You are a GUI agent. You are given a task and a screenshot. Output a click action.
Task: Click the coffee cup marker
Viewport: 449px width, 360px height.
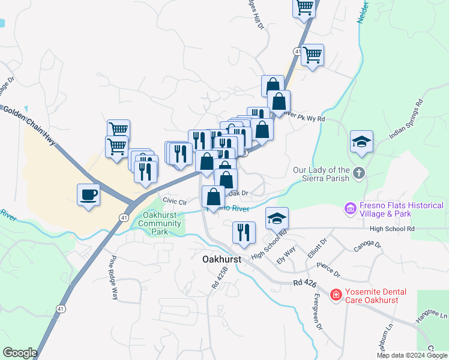pyautogui.click(x=89, y=194)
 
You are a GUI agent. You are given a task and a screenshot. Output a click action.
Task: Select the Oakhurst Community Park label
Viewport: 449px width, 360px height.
pyautogui.click(x=159, y=224)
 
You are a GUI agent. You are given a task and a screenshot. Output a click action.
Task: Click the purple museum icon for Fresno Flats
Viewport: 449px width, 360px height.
pyautogui.click(x=350, y=208)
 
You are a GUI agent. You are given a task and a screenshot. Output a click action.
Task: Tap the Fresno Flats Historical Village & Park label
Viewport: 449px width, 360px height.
pyautogui.click(x=402, y=209)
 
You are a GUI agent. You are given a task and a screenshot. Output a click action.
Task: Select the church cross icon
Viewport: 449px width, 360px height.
pyautogui.click(x=358, y=173)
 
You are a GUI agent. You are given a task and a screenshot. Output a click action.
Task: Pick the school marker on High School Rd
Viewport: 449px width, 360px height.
pyautogui.click(x=277, y=219)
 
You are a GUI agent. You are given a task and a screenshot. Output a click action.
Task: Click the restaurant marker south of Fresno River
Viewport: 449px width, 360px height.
pyautogui.click(x=244, y=233)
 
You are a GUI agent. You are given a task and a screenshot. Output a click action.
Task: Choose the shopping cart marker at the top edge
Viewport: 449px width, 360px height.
pyautogui.click(x=304, y=7)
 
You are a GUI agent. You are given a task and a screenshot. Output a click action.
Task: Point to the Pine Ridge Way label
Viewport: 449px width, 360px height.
pyautogui.click(x=113, y=278)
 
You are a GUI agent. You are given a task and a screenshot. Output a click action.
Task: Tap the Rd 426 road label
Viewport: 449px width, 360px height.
pyautogui.click(x=305, y=283)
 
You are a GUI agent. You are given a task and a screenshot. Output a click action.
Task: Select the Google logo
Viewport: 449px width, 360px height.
pyautogui.click(x=20, y=353)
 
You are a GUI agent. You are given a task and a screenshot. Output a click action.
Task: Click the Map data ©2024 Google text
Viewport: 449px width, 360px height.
pyautogui.click(x=411, y=355)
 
